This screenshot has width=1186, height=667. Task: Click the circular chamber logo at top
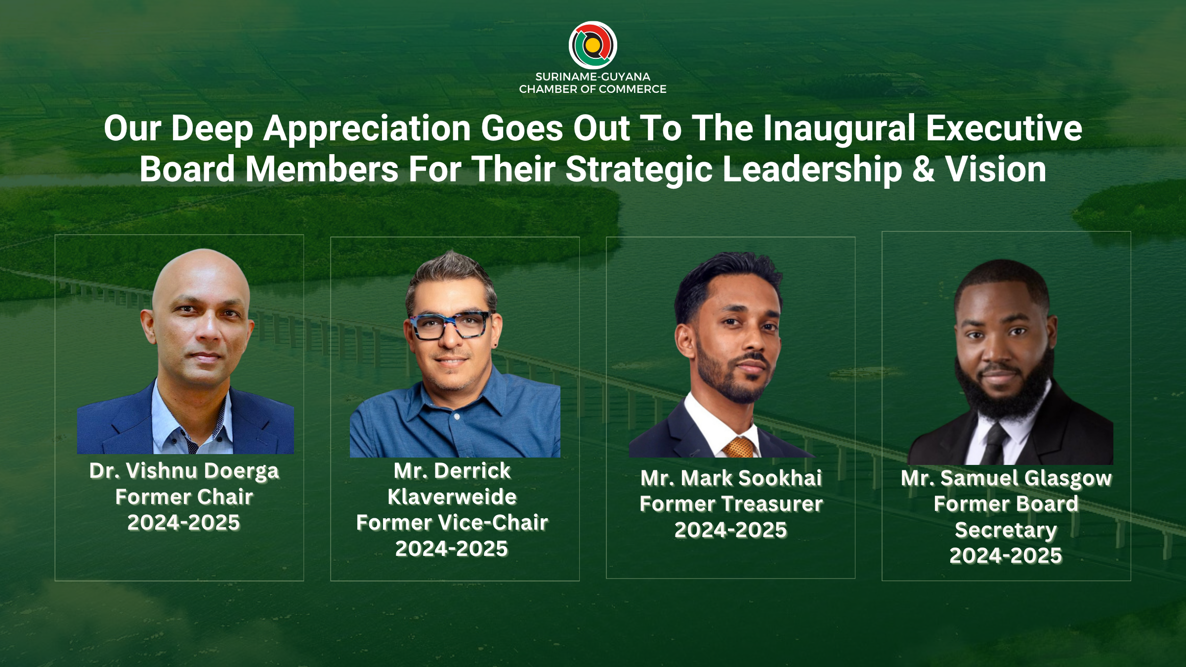[x=593, y=45]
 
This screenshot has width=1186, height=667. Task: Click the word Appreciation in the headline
[x=367, y=128]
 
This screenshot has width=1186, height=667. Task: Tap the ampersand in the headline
[x=924, y=169]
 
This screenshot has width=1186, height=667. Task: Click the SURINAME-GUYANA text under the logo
[x=593, y=77]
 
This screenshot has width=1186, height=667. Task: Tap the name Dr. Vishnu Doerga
[x=184, y=471]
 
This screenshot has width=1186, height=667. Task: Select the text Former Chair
[x=184, y=497]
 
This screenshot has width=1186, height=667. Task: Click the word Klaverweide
[x=452, y=497]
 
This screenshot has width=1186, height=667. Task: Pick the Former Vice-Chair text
[x=452, y=523]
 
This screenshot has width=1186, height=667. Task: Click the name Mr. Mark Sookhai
[x=731, y=478]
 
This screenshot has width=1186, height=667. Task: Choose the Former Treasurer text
[x=731, y=504]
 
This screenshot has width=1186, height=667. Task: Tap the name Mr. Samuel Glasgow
[x=1006, y=479]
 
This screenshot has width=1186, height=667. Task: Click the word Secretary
[x=1006, y=531]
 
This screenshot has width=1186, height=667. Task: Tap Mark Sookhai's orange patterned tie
[x=738, y=447]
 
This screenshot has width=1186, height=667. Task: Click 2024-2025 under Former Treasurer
[x=731, y=530]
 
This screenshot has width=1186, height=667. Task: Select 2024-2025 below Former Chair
[x=184, y=523]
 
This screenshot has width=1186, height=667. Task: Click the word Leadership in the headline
[x=812, y=169]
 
